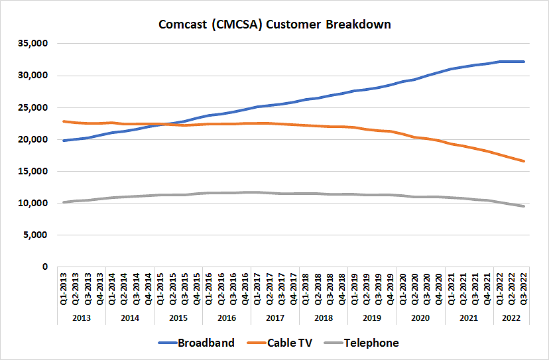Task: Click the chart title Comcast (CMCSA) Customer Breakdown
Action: (x=274, y=25)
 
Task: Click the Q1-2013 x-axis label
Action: (x=64, y=288)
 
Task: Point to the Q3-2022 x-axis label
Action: (x=524, y=288)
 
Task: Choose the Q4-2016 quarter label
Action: (x=245, y=288)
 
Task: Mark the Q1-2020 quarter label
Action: (x=403, y=288)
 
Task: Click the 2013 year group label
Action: (x=81, y=318)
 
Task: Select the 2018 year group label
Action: (x=324, y=318)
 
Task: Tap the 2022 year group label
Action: (x=511, y=318)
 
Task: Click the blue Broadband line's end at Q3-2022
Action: (x=524, y=62)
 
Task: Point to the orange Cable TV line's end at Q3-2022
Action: (x=524, y=161)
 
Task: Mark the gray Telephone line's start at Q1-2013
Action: (x=64, y=202)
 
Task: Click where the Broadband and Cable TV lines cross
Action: (x=166, y=124)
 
